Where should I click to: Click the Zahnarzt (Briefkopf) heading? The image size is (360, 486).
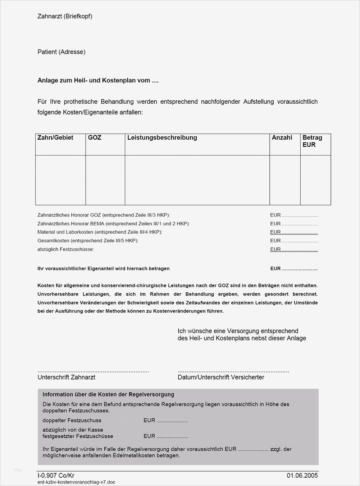tap(65, 16)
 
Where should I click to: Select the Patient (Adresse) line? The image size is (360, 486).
tap(61, 52)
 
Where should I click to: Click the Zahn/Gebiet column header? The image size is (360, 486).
tap(55, 138)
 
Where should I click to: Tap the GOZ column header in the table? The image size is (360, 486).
tap(95, 138)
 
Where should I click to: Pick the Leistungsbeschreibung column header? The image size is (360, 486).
tap(162, 138)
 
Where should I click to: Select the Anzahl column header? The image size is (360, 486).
tap(282, 138)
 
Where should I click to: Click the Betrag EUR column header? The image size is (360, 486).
tap(312, 141)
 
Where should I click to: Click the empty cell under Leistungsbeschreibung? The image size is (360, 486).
tap(197, 180)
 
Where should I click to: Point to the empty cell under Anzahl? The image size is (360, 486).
tap(285, 180)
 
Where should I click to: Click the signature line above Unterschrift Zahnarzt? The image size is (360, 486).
tap(93, 371)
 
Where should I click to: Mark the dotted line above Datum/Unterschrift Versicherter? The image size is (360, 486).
tap(233, 371)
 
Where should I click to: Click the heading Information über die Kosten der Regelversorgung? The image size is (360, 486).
tap(108, 395)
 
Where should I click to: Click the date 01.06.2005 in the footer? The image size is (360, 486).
tap(302, 476)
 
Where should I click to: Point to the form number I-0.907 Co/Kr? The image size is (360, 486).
tap(56, 476)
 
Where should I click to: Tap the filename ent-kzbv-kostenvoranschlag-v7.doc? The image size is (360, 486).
tap(76, 482)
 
